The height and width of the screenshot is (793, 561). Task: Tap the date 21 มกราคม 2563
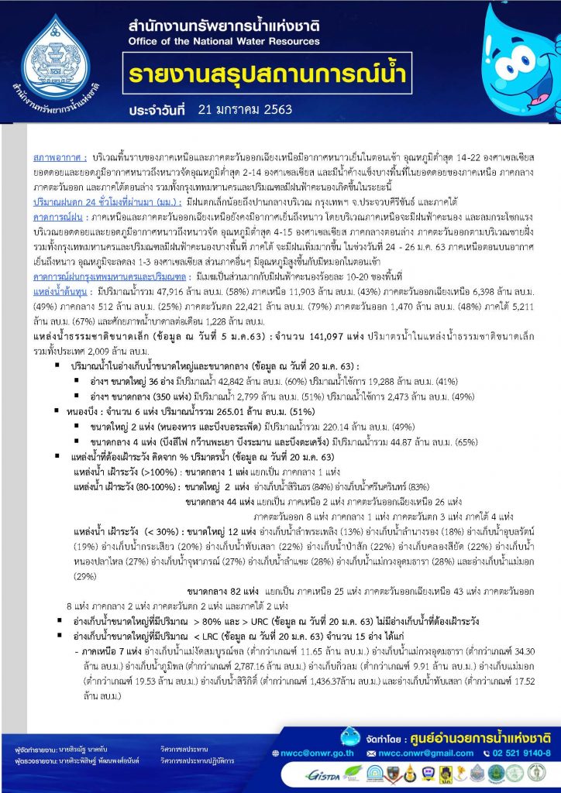pyautogui.click(x=239, y=110)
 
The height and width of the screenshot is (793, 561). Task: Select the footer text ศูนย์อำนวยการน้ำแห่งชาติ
pyautogui.click(x=480, y=732)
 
